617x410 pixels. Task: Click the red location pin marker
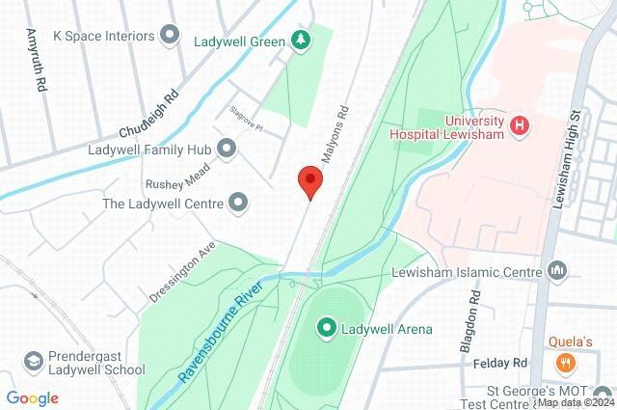pos(308,181)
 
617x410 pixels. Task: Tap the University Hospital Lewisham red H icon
pos(522,126)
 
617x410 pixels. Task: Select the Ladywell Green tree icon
pos(303,41)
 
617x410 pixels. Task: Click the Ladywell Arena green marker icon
pos(326,328)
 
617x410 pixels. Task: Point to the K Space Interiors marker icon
pos(172,36)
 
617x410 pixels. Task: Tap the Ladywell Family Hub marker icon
pos(228,150)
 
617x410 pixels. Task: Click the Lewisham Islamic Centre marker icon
pos(556,272)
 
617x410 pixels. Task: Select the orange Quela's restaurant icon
pos(566,363)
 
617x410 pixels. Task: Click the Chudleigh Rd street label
pos(149,115)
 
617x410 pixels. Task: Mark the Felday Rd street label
pos(502,362)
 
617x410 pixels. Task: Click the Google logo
pos(32,398)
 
